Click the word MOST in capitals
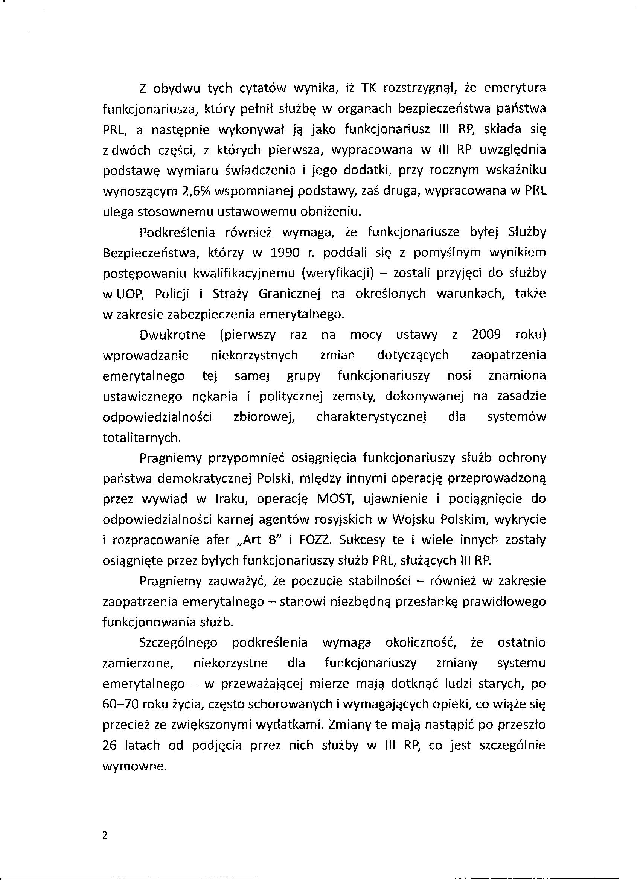coord(334,499)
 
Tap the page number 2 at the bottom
coord(104,835)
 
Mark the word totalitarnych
coord(142,437)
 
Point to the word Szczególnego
coord(178,642)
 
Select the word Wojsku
coord(414,519)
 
